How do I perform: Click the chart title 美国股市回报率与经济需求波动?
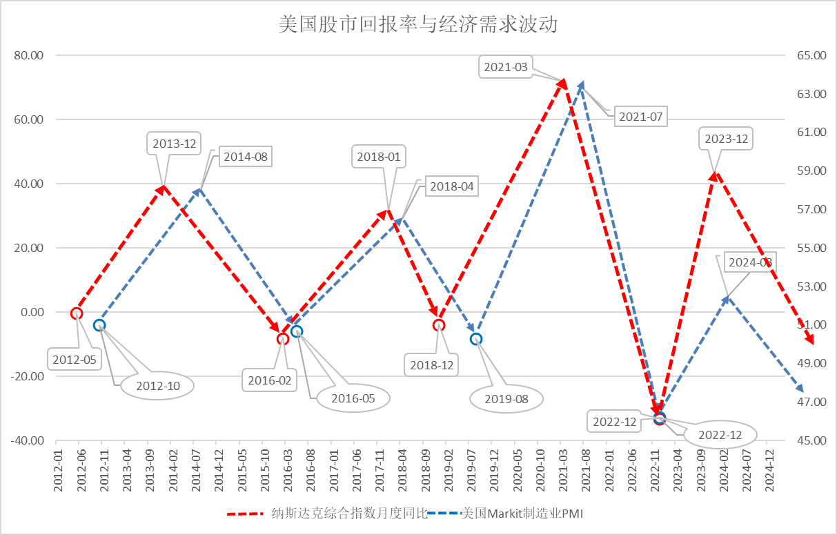[418, 26]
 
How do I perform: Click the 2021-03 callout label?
[505, 67]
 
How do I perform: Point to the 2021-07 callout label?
[640, 117]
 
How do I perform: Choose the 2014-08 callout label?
[245, 157]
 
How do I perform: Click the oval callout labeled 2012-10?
[158, 386]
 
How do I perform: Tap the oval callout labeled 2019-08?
[506, 398]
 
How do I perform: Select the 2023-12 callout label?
[726, 139]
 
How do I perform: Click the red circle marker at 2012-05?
[77, 313]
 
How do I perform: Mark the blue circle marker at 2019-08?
[476, 339]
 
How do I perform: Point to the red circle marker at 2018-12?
[439, 325]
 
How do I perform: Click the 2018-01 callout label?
[379, 157]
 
